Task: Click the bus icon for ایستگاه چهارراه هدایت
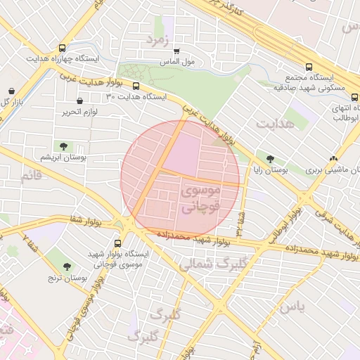pos(63,49)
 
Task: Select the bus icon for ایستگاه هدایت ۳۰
pos(136,86)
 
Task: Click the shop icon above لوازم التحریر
pos(79,101)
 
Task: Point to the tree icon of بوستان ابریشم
pos(64,147)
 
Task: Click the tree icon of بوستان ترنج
pos(67,266)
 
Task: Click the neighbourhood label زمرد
pos(158,40)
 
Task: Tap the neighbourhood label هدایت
pos(276,124)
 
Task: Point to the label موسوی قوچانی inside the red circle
pos(200,199)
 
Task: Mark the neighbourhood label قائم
pos(31,175)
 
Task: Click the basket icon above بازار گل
pos(13,91)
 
